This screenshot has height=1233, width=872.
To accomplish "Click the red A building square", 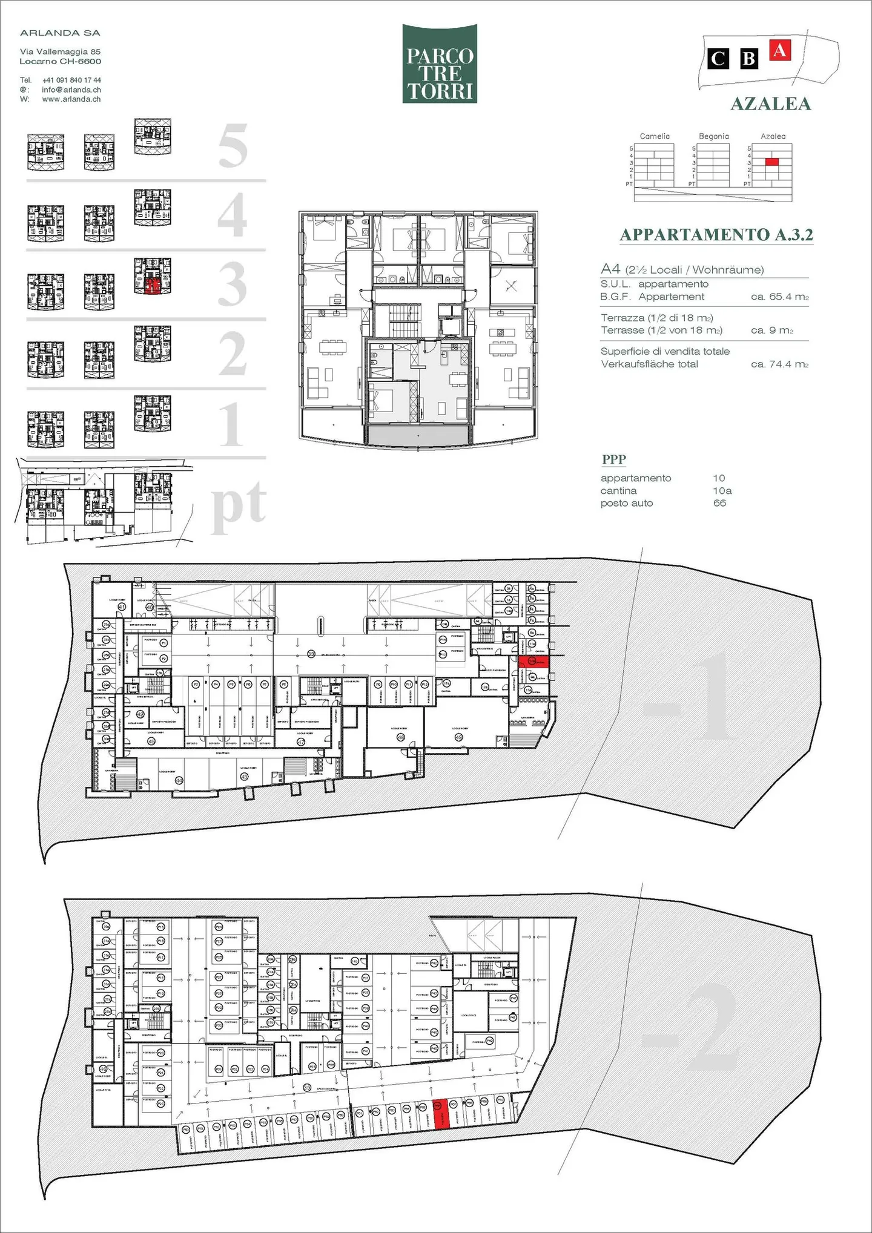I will (x=780, y=50).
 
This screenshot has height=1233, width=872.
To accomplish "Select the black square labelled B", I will (x=749, y=59).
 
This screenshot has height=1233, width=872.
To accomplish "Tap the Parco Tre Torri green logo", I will (x=440, y=64).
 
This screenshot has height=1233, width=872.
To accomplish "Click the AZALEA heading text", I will (x=770, y=104).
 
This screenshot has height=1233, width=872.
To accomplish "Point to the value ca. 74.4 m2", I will (x=779, y=364).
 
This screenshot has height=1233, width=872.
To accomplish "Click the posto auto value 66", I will (x=719, y=503).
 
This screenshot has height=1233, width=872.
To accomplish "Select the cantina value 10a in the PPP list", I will (x=722, y=491).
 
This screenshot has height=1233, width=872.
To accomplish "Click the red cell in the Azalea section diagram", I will (x=771, y=162).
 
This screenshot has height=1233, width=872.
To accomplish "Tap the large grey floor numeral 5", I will (x=233, y=146).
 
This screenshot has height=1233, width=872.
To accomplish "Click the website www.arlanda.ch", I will (x=71, y=99).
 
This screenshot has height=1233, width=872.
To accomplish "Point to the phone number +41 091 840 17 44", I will (x=71, y=80).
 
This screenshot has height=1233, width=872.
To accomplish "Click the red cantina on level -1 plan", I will (x=533, y=662).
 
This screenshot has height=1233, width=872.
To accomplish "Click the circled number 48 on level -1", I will (x=400, y=737).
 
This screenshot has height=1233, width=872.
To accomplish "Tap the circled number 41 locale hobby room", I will (x=121, y=607).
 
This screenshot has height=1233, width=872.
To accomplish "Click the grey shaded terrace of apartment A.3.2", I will (x=417, y=434).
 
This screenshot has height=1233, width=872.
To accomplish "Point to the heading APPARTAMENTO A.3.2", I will (x=716, y=235).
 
